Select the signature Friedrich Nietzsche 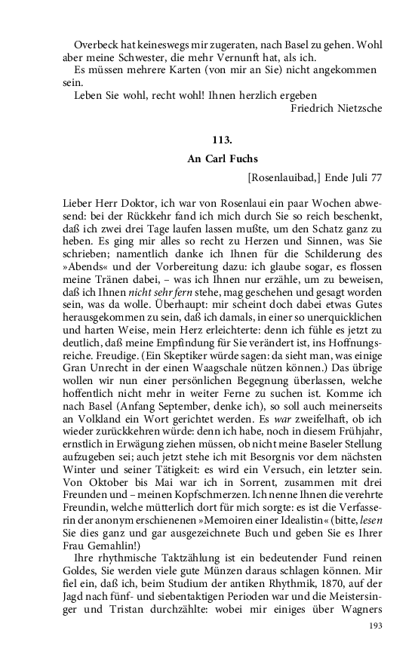pos(336,108)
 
